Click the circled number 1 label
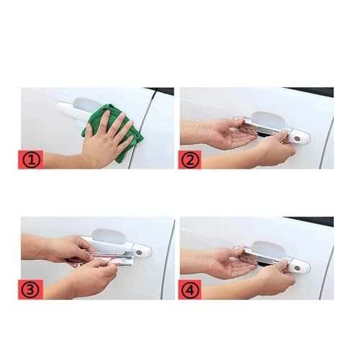tap(31, 160)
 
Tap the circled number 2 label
tap(189, 160)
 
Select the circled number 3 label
tap(31, 289)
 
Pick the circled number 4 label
tap(189, 289)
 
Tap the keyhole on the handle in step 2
tap(298, 139)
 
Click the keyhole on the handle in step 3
tap(139, 253)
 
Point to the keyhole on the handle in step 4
tap(298, 268)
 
